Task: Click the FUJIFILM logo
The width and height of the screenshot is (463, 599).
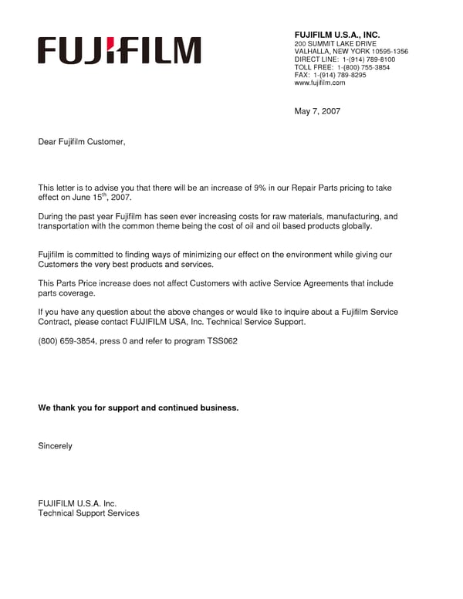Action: coord(120,50)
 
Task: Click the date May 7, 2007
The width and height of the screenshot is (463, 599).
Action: coord(317,111)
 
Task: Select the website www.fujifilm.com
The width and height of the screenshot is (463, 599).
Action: coord(319,83)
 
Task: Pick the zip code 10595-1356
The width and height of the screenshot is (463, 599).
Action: coord(390,52)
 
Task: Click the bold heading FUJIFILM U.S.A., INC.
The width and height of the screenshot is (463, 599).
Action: coord(337,35)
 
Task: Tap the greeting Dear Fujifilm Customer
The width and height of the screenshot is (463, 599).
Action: coord(81,142)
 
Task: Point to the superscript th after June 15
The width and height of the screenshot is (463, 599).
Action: coord(106,195)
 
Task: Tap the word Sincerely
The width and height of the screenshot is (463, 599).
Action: coord(55,445)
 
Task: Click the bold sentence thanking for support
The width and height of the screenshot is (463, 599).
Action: coord(138,407)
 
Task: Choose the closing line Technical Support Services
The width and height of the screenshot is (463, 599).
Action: coord(89,513)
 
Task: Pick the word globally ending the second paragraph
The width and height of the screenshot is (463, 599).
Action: coord(353,226)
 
